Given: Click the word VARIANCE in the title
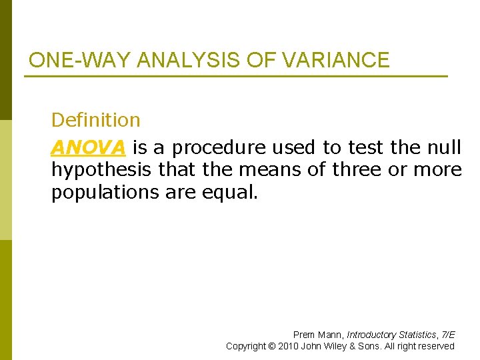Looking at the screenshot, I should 335,60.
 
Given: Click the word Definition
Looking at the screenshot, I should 96,120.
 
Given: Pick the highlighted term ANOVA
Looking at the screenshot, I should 88,147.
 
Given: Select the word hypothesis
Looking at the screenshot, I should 102,170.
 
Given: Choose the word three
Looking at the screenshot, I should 360,170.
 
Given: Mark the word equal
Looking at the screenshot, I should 233,193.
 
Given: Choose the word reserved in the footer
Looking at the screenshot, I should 436,346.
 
